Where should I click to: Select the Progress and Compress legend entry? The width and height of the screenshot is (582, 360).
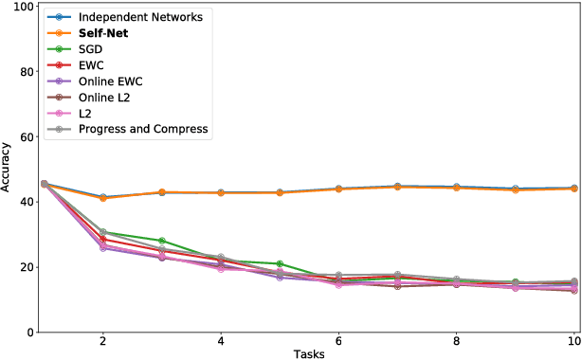(143, 129)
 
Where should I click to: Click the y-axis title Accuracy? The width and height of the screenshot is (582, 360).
(9, 169)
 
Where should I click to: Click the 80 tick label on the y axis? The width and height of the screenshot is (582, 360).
(27, 71)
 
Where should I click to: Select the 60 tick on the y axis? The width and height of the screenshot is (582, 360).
(27, 136)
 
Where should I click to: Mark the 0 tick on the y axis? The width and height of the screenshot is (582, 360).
(31, 333)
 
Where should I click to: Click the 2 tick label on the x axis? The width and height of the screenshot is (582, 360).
(102, 341)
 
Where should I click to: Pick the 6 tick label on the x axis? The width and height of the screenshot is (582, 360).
(339, 341)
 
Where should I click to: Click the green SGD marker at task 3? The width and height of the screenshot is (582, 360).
(162, 241)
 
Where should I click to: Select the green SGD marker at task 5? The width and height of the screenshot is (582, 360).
(281, 264)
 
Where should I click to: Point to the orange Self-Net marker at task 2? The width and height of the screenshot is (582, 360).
(103, 198)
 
